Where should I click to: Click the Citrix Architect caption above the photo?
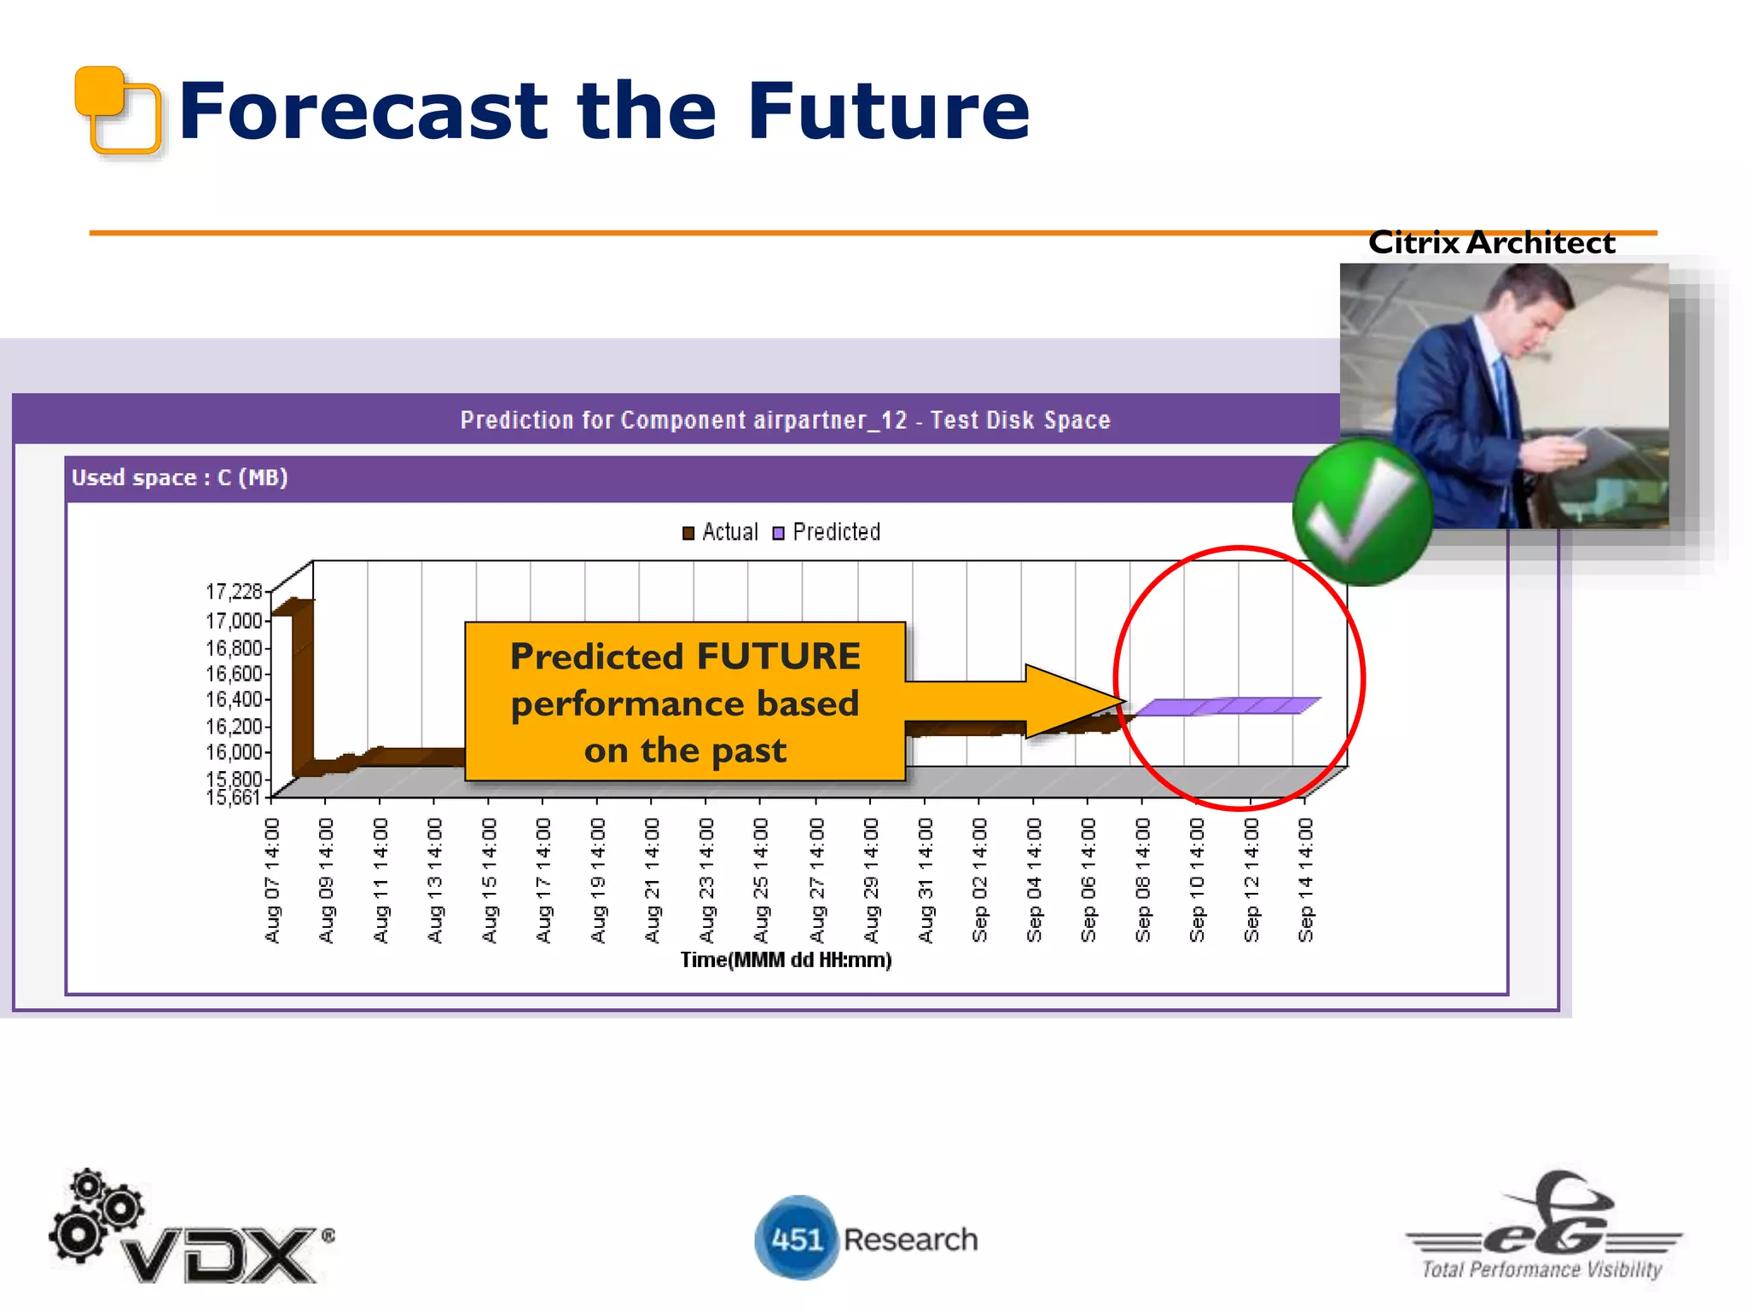tap(1491, 243)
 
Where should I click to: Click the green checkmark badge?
tap(1362, 513)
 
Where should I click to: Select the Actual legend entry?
tap(720, 532)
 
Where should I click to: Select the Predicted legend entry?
tap(826, 532)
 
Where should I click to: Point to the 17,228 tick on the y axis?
tap(234, 591)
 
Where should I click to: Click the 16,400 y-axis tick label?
tap(234, 699)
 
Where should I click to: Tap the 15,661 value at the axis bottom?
tap(232, 797)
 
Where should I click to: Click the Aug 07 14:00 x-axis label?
tap(272, 880)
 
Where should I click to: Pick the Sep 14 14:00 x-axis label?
tap(1305, 880)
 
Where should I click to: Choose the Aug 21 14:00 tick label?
tap(653, 880)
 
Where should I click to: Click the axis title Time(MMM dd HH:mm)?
tap(786, 960)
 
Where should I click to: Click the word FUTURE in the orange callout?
tap(778, 657)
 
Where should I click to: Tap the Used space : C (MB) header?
tap(179, 478)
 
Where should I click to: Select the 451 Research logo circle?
tap(796, 1238)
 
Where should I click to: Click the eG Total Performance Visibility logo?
tap(1542, 1228)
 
